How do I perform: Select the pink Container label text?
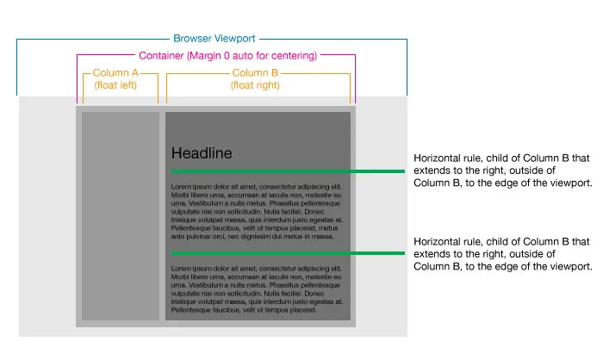pyautogui.click(x=215, y=56)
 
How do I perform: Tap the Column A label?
pyautogui.click(x=121, y=73)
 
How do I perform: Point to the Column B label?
pyautogui.click(x=257, y=73)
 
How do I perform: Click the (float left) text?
pyautogui.click(x=121, y=86)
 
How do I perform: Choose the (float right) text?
pyautogui.click(x=257, y=86)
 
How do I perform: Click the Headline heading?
pyautogui.click(x=202, y=153)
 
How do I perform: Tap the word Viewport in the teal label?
pyautogui.click(x=233, y=39)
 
